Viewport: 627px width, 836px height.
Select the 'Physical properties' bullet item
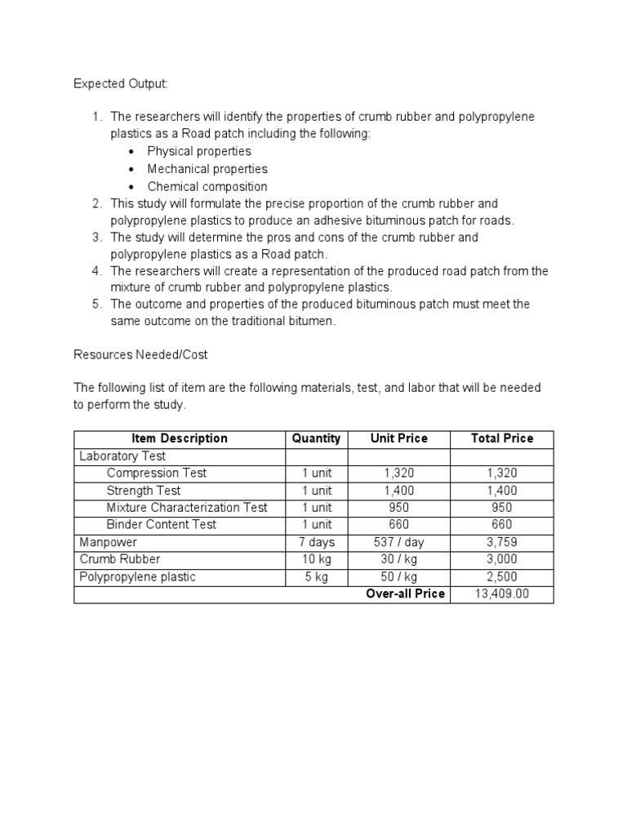click(x=198, y=151)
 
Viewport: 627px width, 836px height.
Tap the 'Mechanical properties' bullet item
click(x=207, y=169)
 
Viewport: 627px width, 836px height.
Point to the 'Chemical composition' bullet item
click(x=207, y=186)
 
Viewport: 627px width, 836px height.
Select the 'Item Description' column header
click(x=180, y=438)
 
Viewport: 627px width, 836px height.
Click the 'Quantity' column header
click(x=316, y=438)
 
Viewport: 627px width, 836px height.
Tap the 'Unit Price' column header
click(x=398, y=438)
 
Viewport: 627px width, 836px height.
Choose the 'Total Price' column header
click(x=501, y=438)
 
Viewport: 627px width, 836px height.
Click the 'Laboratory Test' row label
click(x=122, y=456)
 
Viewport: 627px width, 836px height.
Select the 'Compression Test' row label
click(x=156, y=473)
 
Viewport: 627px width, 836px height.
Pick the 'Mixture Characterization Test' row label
click(x=187, y=507)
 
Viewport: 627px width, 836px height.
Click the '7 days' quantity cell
click(x=316, y=542)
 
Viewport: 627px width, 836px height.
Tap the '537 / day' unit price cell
click(x=398, y=542)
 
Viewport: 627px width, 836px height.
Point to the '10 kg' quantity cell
click(x=316, y=559)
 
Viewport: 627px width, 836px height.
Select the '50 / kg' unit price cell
click(x=398, y=576)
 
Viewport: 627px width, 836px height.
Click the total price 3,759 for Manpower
click(x=501, y=542)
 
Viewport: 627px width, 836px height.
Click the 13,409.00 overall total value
click(x=501, y=594)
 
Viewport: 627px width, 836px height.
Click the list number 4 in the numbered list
click(x=96, y=271)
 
